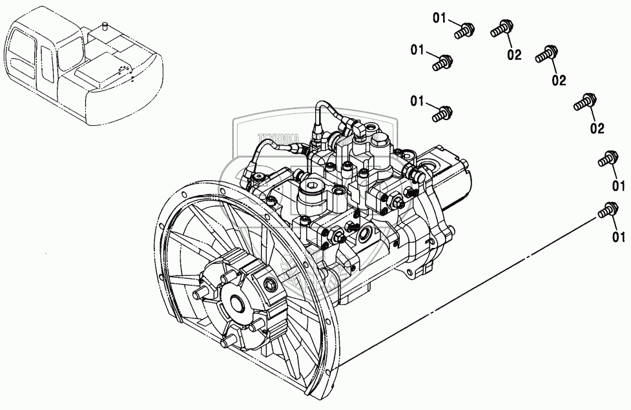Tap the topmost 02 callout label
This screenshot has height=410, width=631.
514,55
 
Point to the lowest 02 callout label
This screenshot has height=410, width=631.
597,128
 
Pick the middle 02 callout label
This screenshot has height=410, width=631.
559,80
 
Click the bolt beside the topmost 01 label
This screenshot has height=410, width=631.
464,29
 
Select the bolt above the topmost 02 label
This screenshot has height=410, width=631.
502,28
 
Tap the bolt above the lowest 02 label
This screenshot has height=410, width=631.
584,102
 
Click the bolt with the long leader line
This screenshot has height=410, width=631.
608,210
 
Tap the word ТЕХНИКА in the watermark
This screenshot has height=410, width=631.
278,138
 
